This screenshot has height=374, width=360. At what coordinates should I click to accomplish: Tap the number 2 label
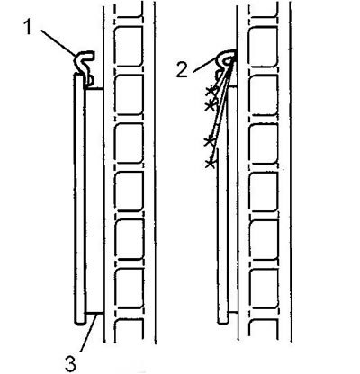point(182,71)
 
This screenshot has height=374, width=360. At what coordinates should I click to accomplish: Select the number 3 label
point(70,362)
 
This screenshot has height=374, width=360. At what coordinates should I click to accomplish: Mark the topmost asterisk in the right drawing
point(211,90)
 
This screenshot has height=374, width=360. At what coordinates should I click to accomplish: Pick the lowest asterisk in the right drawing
point(210,164)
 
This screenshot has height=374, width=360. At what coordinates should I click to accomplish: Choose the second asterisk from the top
point(211,105)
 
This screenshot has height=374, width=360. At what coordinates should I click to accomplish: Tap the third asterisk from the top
point(209,141)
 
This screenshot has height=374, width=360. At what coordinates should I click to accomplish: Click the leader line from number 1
point(58,42)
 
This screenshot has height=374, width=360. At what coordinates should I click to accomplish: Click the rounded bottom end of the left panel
point(80,321)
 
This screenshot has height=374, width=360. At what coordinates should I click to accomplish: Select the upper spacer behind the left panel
point(94,88)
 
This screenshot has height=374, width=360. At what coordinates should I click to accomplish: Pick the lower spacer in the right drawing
point(233,312)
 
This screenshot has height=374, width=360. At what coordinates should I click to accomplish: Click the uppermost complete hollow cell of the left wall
point(129,47)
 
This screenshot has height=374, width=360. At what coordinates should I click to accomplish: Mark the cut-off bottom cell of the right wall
point(263,331)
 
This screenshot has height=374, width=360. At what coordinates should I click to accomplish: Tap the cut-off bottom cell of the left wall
point(129,331)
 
